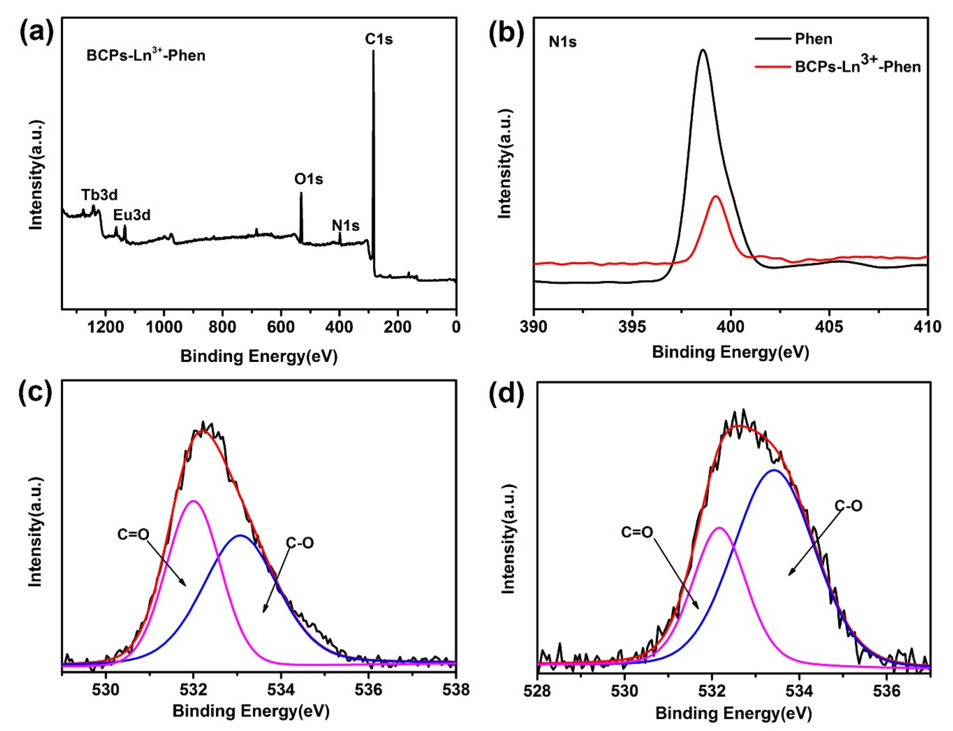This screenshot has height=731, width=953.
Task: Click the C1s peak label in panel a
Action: point(378,39)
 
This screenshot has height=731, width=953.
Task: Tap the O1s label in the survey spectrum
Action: point(308,179)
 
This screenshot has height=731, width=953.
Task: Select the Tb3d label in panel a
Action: point(99,195)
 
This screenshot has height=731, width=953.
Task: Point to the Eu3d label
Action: point(132,215)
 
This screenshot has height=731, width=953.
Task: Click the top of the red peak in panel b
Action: point(716,197)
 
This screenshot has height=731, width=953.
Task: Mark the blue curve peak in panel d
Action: point(774,470)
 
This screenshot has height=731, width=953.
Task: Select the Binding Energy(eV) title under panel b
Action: point(730,352)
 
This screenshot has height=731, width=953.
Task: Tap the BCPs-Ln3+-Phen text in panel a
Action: point(146,55)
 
